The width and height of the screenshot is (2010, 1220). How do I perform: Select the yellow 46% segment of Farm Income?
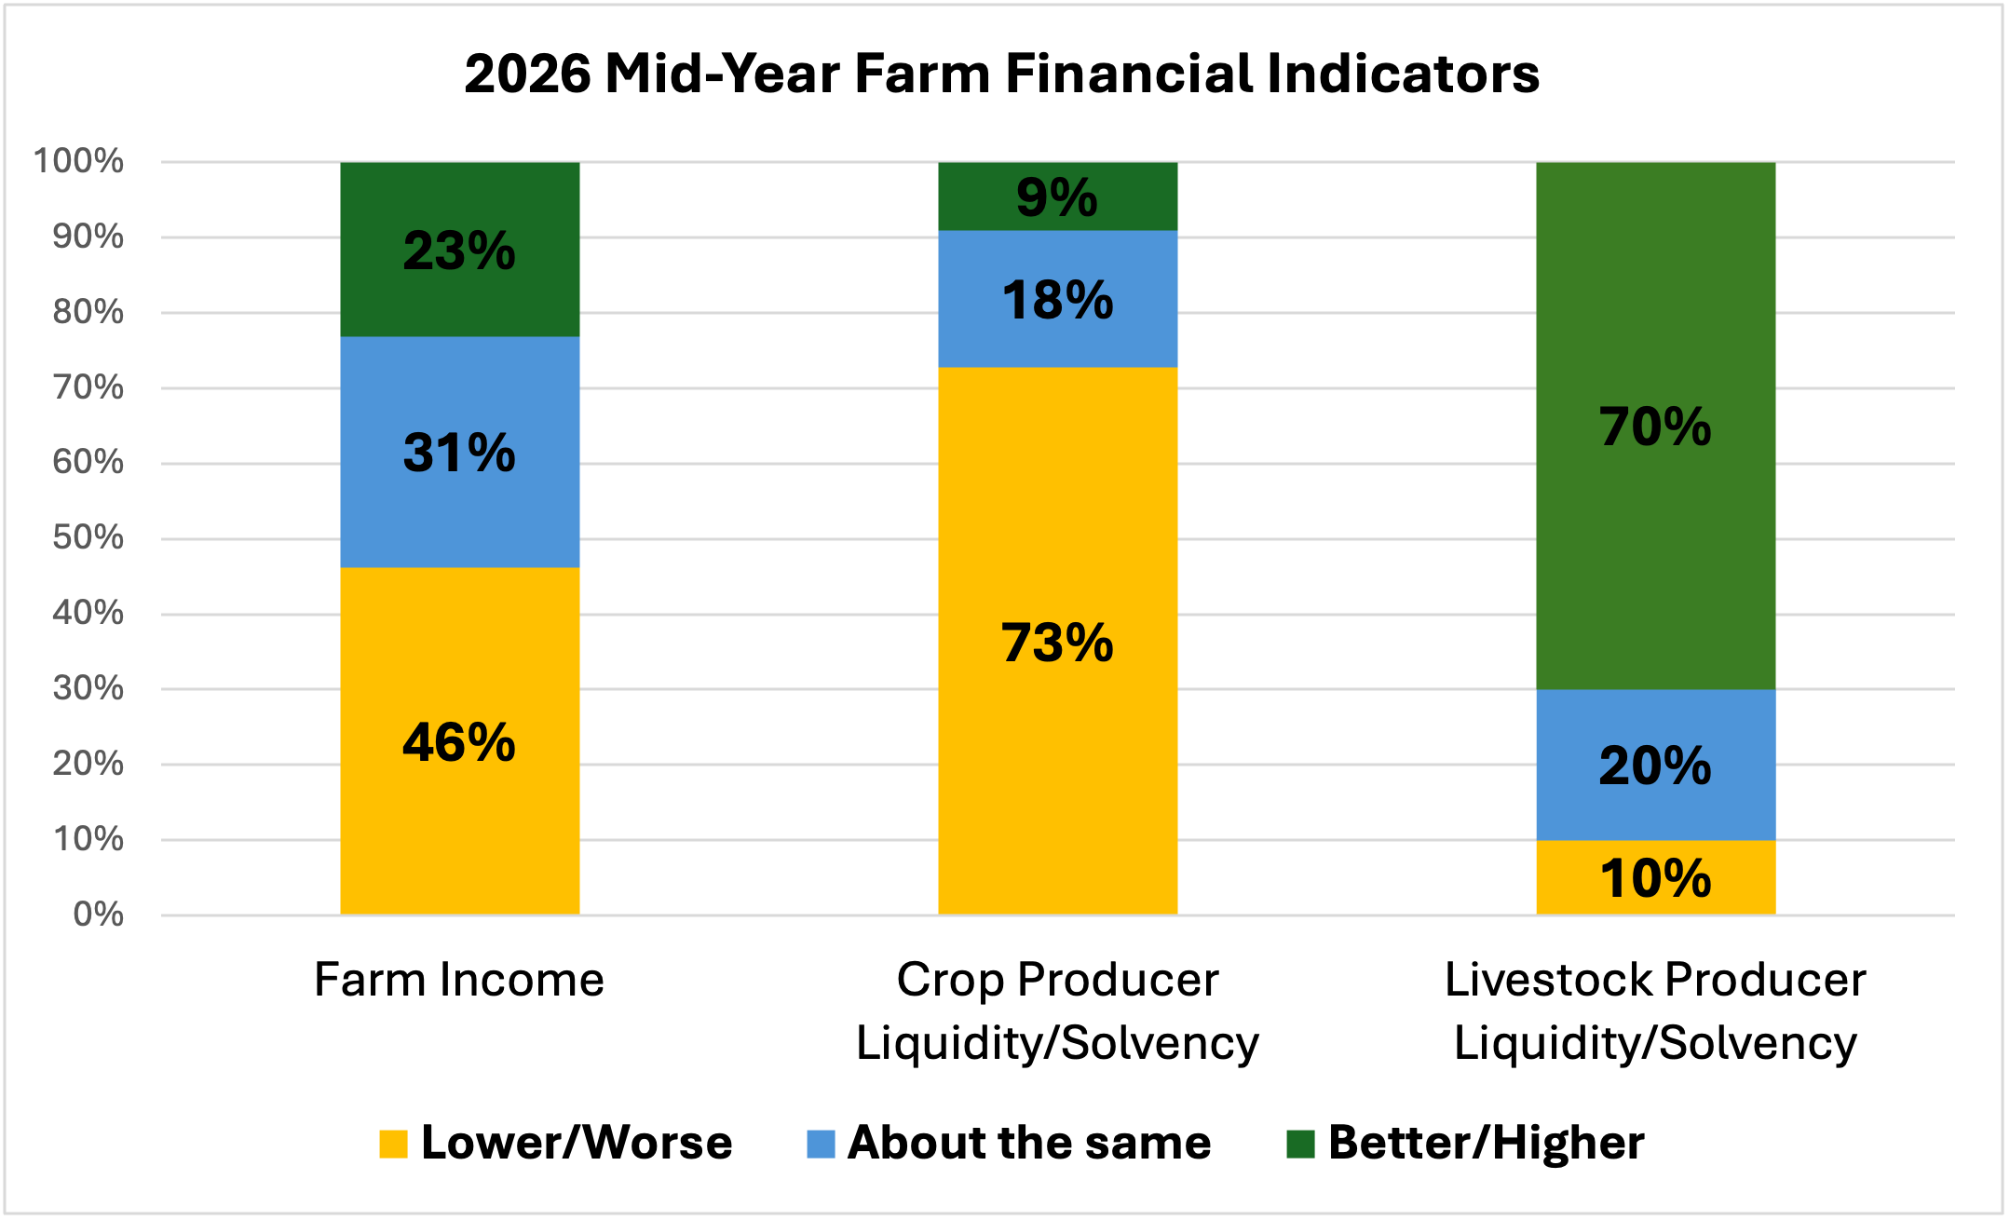460,741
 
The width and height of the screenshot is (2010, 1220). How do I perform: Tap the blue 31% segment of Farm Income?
460,453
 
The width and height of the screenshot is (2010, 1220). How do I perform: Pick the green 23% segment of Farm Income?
460,250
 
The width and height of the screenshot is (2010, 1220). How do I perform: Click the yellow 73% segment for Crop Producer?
1058,641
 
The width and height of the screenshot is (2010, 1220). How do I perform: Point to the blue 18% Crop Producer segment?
1058,299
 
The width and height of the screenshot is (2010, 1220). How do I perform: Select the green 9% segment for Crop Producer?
1058,197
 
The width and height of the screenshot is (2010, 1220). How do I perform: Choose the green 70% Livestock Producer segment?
1656,426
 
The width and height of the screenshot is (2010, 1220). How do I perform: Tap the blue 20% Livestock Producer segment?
1656,765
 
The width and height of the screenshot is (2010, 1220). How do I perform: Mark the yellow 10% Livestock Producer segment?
1656,877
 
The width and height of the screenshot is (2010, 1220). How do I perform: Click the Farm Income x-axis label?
459,980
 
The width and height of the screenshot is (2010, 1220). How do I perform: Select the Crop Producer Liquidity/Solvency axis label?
1058,1011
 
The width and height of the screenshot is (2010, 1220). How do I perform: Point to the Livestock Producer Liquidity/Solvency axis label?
1656,1011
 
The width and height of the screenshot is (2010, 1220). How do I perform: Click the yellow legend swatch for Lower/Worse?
393,1144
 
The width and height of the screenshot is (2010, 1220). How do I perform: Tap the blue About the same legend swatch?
821,1144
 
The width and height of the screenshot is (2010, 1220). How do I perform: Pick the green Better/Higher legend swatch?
1300,1144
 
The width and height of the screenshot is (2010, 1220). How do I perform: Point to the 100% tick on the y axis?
78,161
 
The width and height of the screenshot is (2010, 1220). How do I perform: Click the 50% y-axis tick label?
88,537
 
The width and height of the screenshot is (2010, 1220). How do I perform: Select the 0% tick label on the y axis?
98,915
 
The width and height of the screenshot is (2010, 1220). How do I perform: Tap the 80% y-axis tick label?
88,312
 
